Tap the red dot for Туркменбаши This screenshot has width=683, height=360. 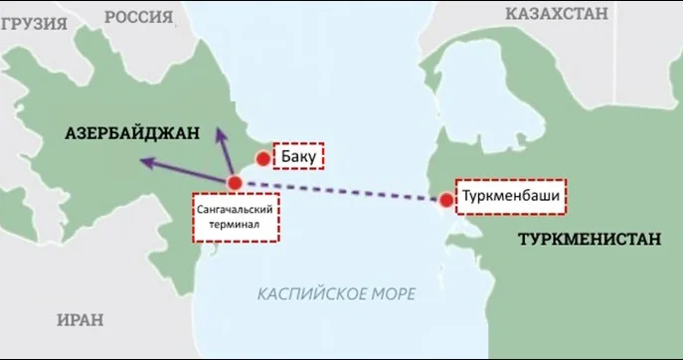tap(446, 201)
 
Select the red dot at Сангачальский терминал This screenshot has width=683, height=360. tap(235, 183)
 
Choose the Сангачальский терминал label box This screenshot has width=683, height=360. tap(236, 218)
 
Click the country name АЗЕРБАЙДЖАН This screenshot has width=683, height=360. tap(131, 132)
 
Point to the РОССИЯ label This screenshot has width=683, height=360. tap(138, 16)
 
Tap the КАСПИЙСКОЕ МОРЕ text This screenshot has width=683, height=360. tap(336, 293)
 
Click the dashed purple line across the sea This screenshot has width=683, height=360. tap(338, 192)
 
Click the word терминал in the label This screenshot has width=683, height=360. tap(236, 226)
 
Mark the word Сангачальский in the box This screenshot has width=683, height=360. tap(236, 210)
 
